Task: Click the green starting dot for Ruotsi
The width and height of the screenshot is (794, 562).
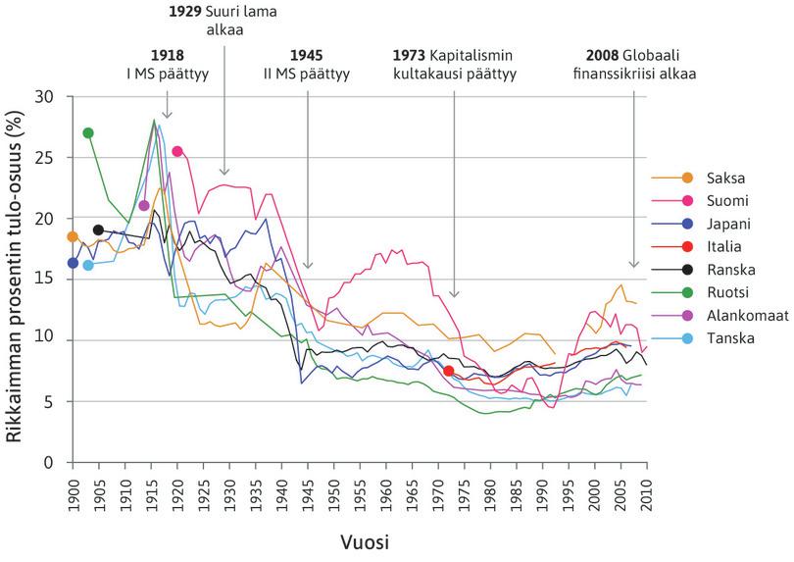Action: click(88, 132)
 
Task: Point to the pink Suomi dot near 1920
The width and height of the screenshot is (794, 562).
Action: click(177, 151)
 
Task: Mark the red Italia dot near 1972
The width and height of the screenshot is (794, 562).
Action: click(448, 371)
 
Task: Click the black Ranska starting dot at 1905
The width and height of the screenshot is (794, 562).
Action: click(98, 230)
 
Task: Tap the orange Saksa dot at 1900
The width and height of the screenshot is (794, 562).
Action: click(72, 236)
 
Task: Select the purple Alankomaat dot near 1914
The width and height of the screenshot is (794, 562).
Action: click(144, 205)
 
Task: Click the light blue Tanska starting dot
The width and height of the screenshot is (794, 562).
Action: click(88, 265)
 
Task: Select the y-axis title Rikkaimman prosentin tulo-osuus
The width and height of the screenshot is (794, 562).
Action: click(17, 279)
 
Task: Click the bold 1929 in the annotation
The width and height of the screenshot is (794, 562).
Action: click(177, 12)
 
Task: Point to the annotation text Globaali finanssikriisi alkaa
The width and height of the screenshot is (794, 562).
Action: click(633, 63)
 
